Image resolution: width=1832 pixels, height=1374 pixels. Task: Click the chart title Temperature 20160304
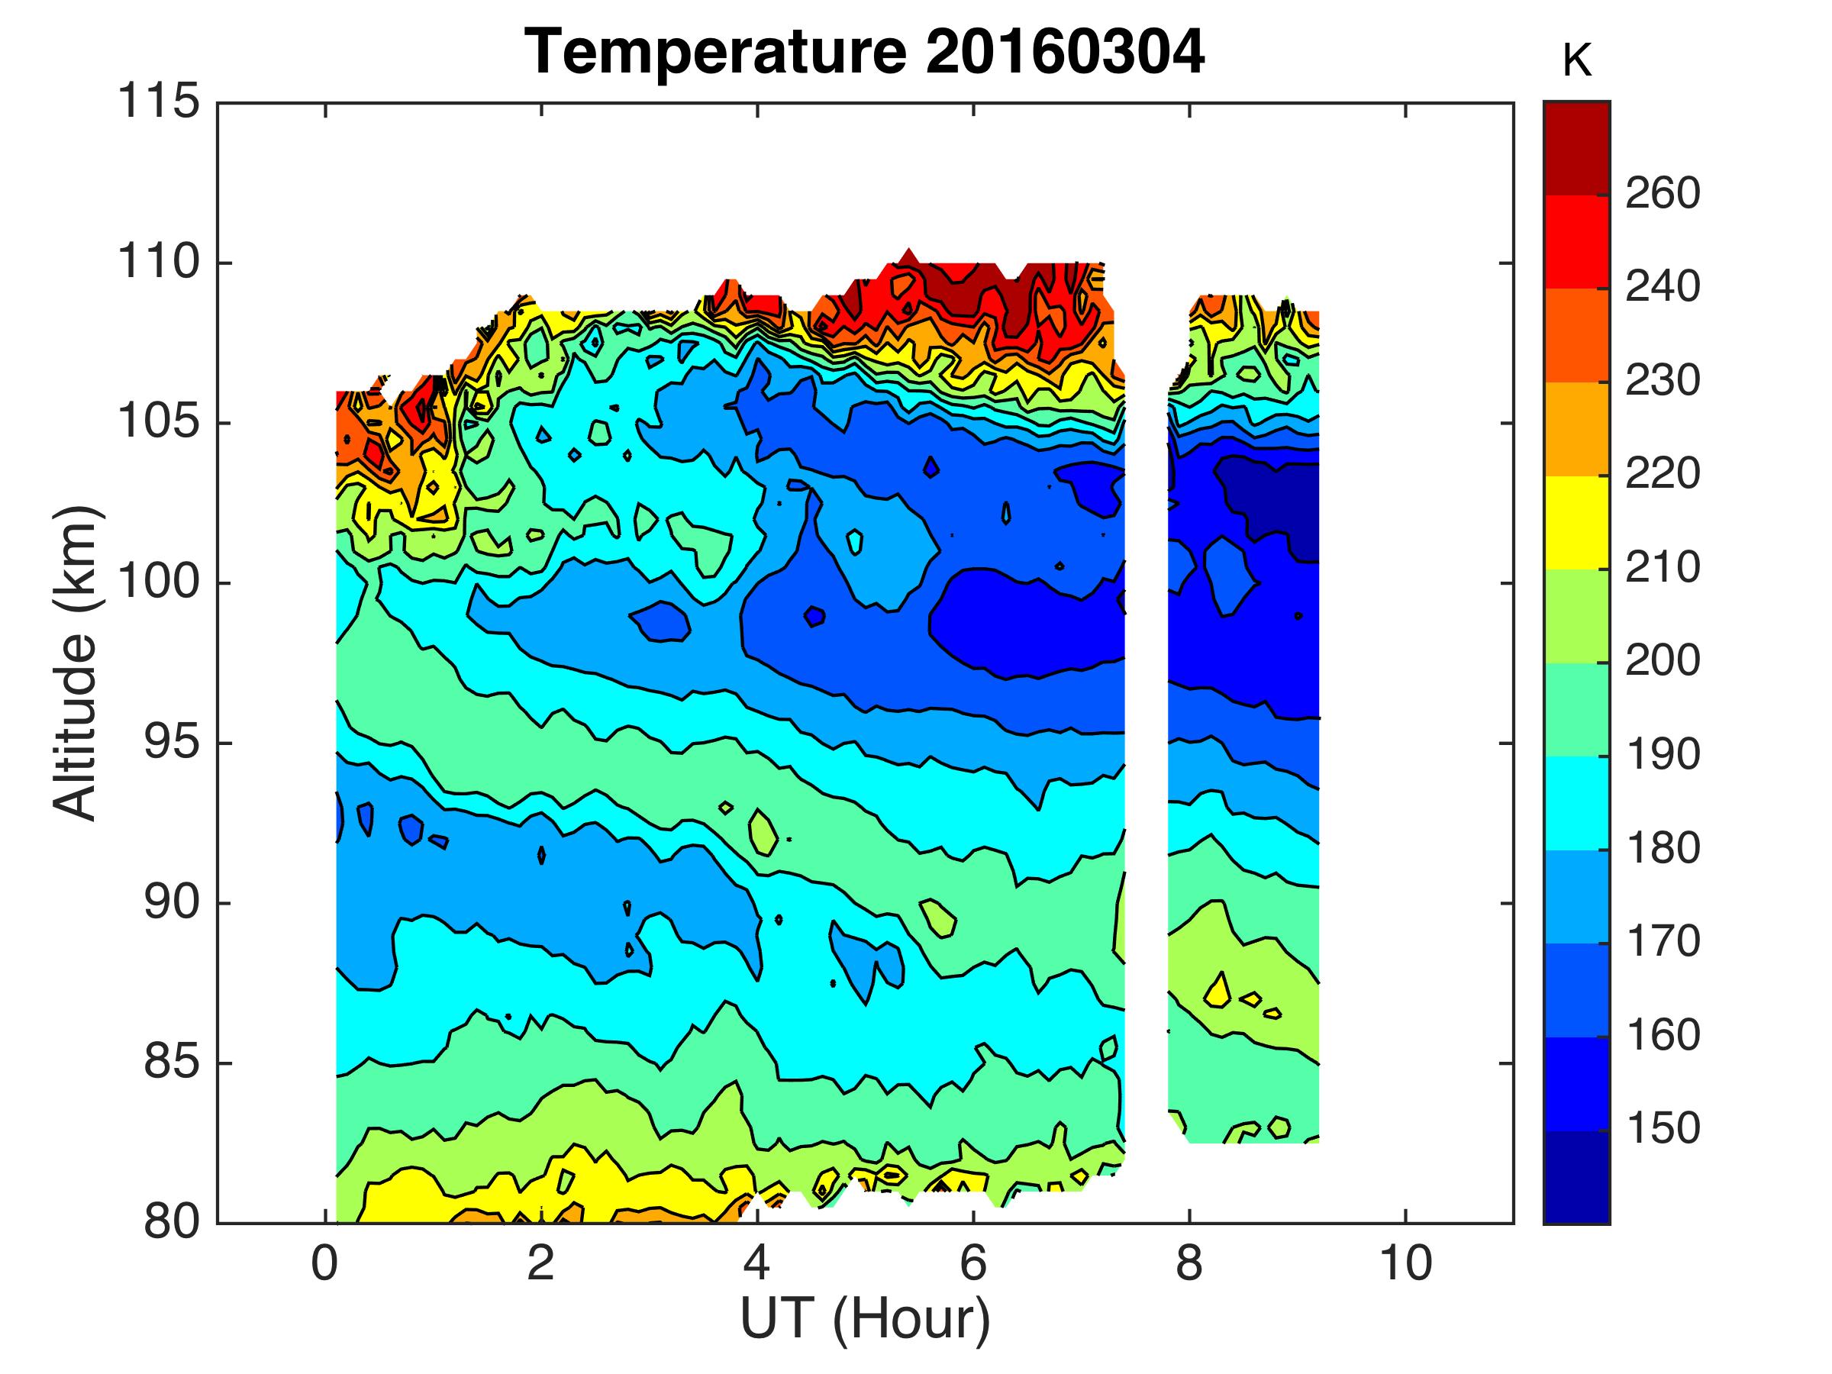pos(865,51)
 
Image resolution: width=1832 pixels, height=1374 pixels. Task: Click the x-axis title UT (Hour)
pos(865,1318)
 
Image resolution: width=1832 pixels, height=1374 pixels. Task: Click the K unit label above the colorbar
pos(1577,62)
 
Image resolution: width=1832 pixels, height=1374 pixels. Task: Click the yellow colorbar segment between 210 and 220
pos(1577,523)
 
